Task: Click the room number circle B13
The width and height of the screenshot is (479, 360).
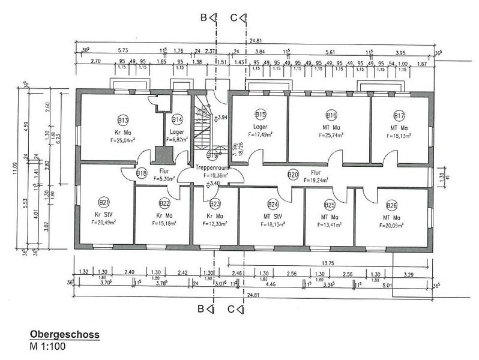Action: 124,119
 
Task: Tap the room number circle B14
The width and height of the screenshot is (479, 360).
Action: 177,119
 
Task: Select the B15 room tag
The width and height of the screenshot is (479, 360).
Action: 261,115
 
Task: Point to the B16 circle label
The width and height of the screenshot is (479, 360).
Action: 331,115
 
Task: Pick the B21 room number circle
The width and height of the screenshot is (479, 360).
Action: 104,202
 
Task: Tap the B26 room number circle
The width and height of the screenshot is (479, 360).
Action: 391,205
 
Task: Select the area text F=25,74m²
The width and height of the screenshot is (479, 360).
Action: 331,136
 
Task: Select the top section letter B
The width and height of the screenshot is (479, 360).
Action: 203,19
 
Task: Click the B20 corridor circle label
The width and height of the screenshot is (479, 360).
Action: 293,175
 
